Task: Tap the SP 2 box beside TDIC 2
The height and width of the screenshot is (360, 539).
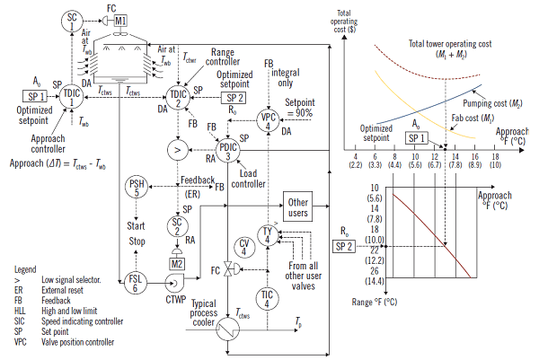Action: [x=233, y=98]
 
